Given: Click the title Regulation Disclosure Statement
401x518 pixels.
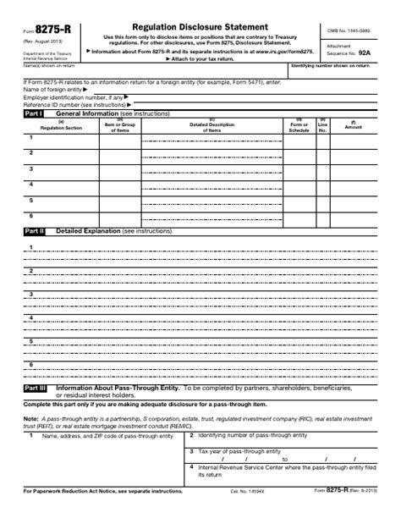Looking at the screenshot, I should pyautogui.click(x=200, y=28).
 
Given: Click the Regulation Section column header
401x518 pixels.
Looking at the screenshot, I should pyautogui.click(x=61, y=126).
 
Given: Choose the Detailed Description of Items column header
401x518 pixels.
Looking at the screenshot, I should pyautogui.click(x=211, y=126).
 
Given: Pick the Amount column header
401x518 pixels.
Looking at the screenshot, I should pyautogui.click(x=353, y=127).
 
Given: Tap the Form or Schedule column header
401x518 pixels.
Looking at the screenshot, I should pyautogui.click(x=299, y=127).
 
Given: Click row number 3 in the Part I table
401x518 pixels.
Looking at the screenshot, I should pyautogui.click(x=31, y=168).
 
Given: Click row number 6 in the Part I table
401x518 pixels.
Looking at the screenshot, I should pyautogui.click(x=31, y=215).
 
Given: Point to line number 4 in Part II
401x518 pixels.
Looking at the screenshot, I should pyautogui.click(x=31, y=317).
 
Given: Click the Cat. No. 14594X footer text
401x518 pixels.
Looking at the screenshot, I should pyautogui.click(x=246, y=491).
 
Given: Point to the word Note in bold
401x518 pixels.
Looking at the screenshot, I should pyautogui.click(x=30, y=418).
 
